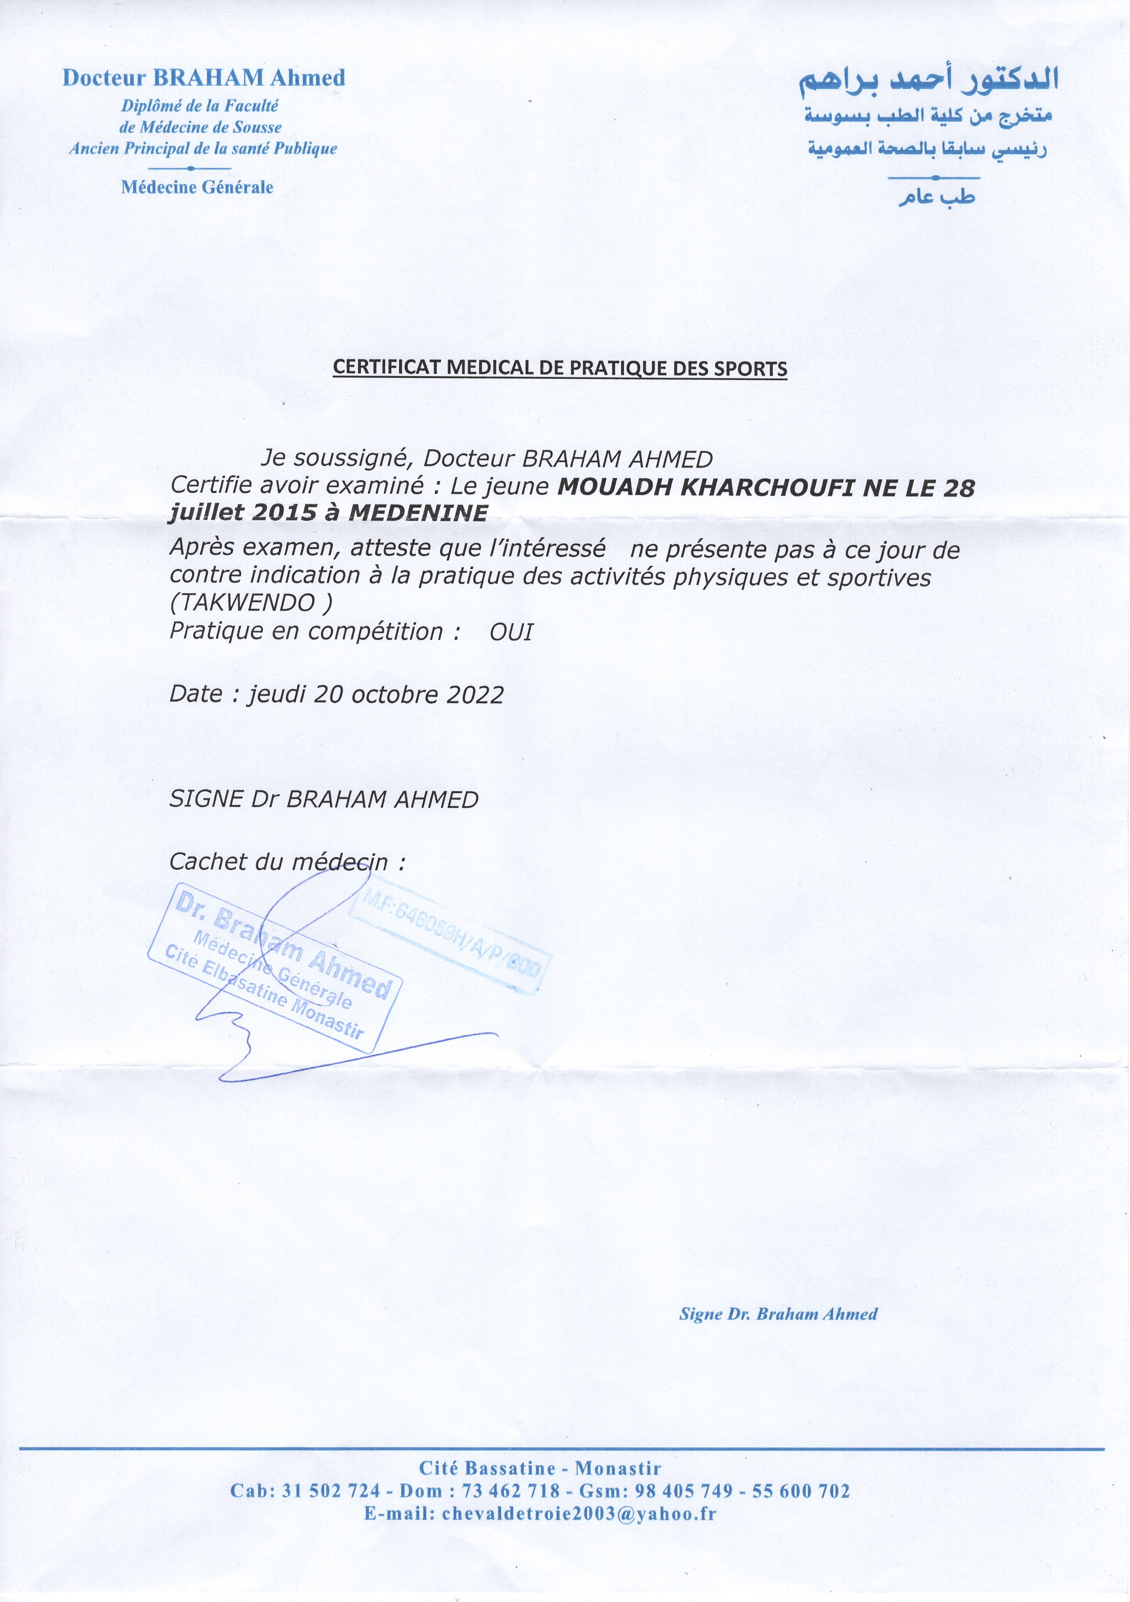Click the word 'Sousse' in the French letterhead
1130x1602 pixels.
[257, 127]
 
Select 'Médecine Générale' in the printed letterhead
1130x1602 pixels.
[198, 187]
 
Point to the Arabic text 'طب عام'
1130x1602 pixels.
[936, 198]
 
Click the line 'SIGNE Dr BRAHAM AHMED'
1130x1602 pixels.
[324, 799]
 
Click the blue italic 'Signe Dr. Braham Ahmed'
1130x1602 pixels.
[778, 1314]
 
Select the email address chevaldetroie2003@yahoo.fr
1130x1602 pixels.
[540, 1513]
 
